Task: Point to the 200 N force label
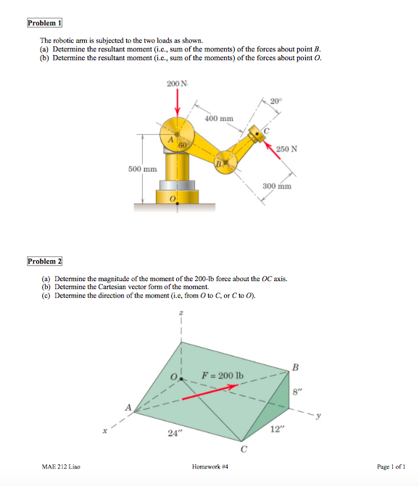[175, 85]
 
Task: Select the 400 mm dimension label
[219, 118]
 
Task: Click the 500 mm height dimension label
[142, 169]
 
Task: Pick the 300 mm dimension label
[275, 185]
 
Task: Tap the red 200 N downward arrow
[176, 106]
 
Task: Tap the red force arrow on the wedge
[209, 392]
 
